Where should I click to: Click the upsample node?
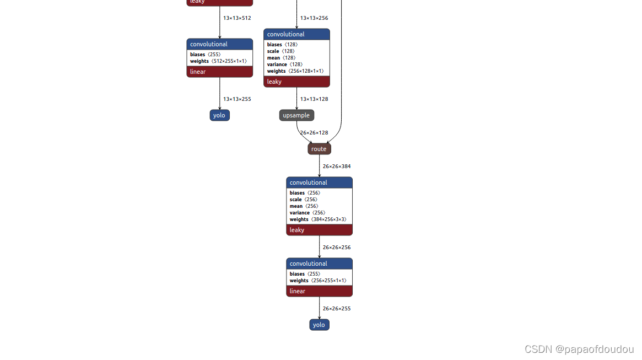296,115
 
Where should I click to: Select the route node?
319,149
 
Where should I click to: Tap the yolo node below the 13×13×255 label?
219,115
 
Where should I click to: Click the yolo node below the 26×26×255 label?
319,325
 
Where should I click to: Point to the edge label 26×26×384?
337,166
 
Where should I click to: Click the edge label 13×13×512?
237,18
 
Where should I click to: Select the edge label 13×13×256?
314,18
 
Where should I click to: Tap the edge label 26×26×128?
314,132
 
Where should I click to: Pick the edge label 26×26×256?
337,247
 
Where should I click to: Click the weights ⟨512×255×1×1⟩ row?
219,61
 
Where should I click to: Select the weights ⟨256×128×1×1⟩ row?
296,71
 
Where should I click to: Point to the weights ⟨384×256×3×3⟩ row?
319,219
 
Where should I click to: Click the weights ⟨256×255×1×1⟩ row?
319,281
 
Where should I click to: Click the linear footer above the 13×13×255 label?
219,72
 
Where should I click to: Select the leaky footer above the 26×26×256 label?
319,230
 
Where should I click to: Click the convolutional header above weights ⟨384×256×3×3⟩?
319,182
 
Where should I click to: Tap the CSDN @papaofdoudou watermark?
579,350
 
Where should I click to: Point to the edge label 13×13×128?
314,99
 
